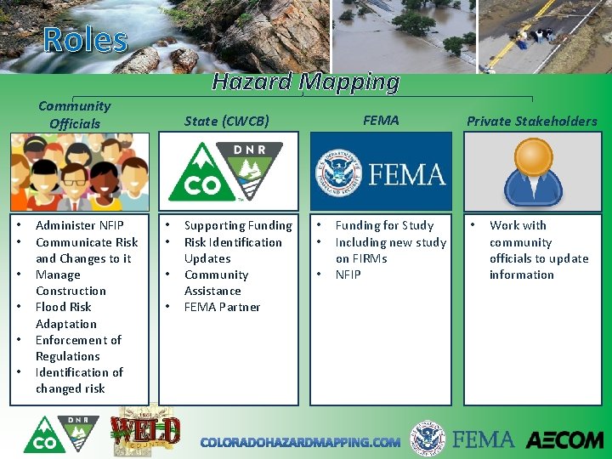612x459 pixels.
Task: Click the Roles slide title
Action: [x=85, y=40]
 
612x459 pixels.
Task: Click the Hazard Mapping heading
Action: [x=305, y=82]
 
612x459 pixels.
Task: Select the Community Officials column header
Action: [x=75, y=115]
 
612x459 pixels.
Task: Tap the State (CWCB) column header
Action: [x=227, y=121]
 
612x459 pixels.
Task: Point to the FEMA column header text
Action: [x=381, y=120]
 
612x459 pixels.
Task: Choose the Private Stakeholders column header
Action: [x=531, y=121]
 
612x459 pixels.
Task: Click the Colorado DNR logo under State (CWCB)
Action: [x=227, y=171]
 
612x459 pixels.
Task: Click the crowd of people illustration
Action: [x=79, y=172]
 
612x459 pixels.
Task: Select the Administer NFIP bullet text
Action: [x=79, y=225]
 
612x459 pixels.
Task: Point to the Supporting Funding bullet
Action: [x=238, y=225]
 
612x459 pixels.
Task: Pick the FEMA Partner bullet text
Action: [x=222, y=307]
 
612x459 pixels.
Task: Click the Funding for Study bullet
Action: [x=384, y=225]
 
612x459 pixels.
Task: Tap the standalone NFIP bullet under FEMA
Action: [x=348, y=275]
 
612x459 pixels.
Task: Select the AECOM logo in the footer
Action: [x=564, y=440]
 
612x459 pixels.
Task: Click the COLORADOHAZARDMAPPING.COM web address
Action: [x=300, y=442]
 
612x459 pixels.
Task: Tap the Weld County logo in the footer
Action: [x=147, y=429]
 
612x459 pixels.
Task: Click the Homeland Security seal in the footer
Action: [x=428, y=439]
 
